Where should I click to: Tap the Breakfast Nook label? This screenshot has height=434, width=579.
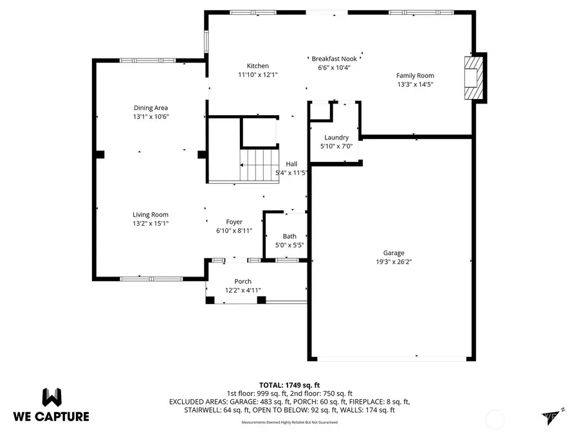point(334,59)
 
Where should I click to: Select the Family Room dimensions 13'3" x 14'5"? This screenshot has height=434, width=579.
point(415,84)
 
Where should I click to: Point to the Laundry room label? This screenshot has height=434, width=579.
point(336,138)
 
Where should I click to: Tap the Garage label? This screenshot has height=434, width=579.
point(394,253)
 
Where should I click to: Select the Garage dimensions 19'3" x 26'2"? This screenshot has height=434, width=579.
point(394,262)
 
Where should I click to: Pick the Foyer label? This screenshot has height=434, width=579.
point(234,222)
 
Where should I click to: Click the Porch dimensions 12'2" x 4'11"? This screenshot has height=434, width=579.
point(243,291)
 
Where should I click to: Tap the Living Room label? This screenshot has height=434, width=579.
point(151,215)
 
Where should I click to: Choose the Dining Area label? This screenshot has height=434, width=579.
point(151,108)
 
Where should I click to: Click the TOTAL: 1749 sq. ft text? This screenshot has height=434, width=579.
point(289,384)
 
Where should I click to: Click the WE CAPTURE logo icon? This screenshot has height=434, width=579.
point(53,397)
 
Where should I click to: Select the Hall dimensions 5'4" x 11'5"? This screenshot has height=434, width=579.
point(291,172)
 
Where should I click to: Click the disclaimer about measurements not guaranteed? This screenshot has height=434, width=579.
point(289,422)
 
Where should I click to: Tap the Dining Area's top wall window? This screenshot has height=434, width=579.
point(143,60)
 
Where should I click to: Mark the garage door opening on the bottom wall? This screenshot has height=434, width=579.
point(392,359)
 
